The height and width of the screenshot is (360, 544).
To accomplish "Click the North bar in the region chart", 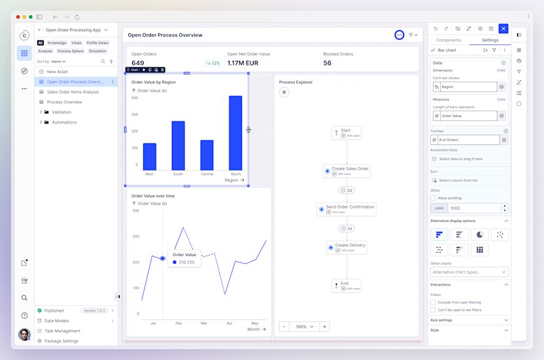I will click(x=235, y=133).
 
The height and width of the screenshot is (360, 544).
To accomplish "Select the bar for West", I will click(x=149, y=157).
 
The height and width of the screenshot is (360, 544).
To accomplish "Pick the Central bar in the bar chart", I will click(x=207, y=155).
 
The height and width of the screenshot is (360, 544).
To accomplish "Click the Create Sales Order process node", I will click(x=347, y=171).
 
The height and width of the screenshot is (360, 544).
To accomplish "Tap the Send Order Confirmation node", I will click(x=347, y=209).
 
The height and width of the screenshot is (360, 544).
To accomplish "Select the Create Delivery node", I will click(x=347, y=247).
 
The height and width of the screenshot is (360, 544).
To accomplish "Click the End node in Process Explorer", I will click(x=347, y=286).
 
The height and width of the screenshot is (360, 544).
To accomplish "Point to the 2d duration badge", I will click(x=347, y=190).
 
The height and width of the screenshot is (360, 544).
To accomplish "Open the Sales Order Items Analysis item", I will click(x=73, y=92).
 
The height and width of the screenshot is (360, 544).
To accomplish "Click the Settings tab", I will click(x=490, y=40).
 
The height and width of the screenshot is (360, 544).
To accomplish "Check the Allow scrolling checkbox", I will click(x=433, y=197).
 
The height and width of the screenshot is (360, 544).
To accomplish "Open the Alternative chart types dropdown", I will click(x=469, y=272).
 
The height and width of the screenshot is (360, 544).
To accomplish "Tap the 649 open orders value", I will click(x=137, y=63).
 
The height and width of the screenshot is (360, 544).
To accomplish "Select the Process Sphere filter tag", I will click(x=70, y=51).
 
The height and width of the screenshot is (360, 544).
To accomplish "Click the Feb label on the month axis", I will click(x=178, y=323).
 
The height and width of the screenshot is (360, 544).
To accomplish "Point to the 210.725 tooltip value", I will click(x=188, y=262).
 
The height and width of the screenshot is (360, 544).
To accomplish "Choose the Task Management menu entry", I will click(x=62, y=331).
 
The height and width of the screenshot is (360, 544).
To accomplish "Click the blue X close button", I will click(x=503, y=28).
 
